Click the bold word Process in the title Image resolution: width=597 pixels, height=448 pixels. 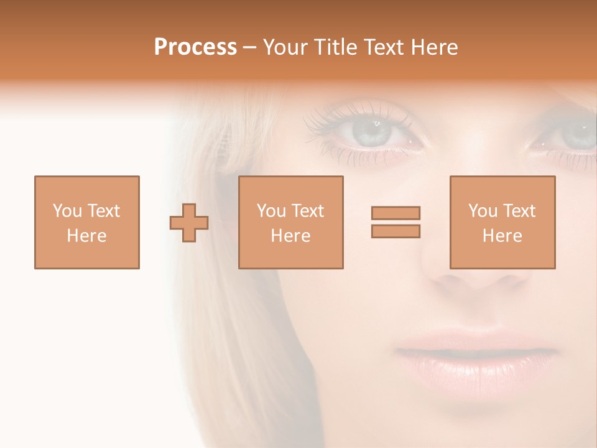[195, 47]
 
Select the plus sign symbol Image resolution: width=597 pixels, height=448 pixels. [189, 222]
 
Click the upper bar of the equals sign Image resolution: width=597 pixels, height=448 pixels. [396, 213]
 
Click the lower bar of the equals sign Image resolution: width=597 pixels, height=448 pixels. [396, 231]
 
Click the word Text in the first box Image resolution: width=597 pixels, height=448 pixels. [103, 211]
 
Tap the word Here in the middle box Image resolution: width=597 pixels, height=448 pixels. [291, 236]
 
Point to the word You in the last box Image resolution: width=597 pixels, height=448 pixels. [483, 211]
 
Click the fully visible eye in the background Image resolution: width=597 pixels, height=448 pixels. [373, 131]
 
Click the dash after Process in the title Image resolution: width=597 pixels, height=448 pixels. [249, 48]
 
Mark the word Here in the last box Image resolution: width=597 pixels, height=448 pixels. [502, 236]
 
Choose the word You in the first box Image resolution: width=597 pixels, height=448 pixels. [67, 211]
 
